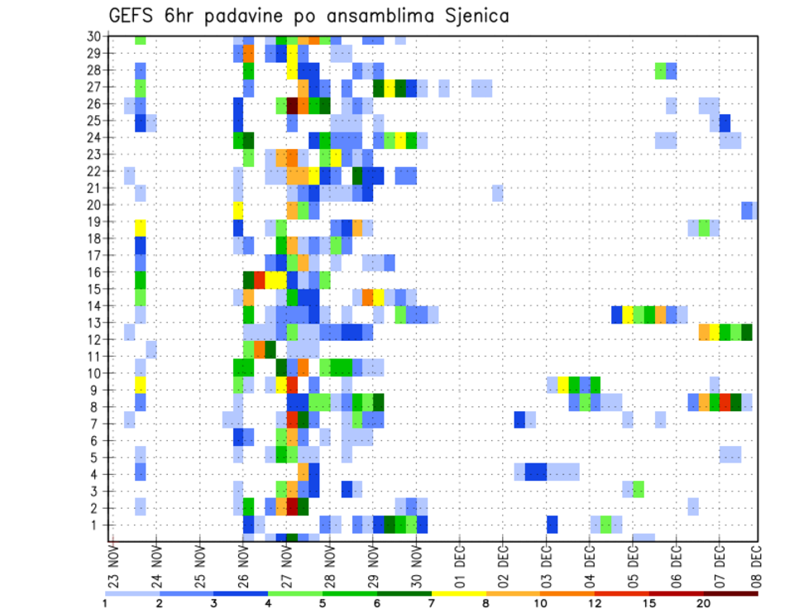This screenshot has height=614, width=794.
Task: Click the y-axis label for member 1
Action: [x=96, y=525]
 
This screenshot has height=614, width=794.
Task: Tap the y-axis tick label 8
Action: [x=96, y=406]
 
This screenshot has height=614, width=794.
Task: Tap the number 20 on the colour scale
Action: [x=704, y=603]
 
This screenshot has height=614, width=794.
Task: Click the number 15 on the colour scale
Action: [x=649, y=603]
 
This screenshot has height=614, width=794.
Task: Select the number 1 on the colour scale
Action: [x=105, y=603]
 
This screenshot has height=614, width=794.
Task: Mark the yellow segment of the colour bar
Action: [x=459, y=592]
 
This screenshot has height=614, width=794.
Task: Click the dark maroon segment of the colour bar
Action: [x=731, y=592]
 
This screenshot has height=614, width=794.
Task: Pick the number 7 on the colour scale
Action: [x=432, y=603]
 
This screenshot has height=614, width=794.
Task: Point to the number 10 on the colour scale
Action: [x=541, y=603]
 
